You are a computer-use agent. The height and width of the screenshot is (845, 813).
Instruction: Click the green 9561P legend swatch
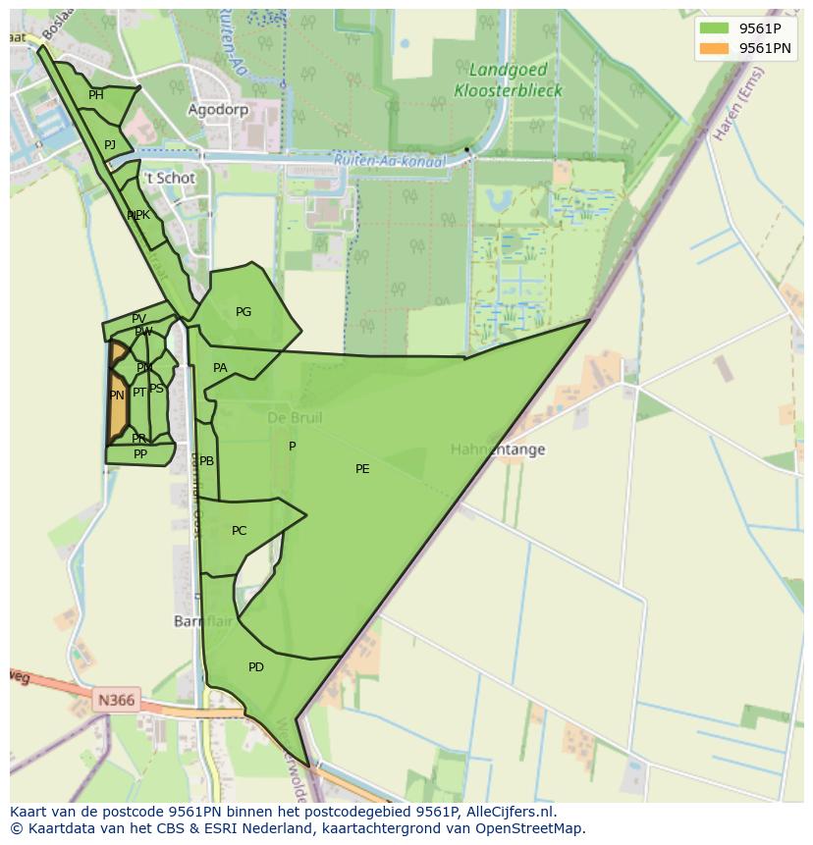click(x=714, y=28)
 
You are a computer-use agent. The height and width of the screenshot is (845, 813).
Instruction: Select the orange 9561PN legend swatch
click(x=714, y=48)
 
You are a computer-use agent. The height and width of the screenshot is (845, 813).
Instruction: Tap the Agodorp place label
click(x=218, y=110)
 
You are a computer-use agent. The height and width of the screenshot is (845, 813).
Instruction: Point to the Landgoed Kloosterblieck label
click(x=508, y=80)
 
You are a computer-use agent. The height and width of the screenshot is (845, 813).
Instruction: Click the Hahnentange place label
click(x=498, y=449)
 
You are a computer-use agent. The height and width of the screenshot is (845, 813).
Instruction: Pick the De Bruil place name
click(x=295, y=418)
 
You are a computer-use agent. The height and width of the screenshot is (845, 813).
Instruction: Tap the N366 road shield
click(x=116, y=701)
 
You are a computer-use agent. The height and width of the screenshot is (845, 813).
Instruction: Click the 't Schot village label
click(x=170, y=179)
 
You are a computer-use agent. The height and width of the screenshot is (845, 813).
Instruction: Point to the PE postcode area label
click(x=362, y=469)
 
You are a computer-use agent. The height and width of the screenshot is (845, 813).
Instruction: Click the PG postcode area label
click(x=244, y=312)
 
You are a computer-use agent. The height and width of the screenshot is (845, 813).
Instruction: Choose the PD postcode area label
click(x=256, y=667)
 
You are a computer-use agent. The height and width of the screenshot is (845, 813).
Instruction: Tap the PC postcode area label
click(x=240, y=531)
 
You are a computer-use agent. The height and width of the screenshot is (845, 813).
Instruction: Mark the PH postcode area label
click(x=96, y=95)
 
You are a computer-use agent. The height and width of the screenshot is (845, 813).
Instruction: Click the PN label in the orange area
click(x=117, y=396)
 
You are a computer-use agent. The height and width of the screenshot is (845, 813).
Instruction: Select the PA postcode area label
click(x=220, y=368)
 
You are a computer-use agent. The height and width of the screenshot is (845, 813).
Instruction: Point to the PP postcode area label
click(x=140, y=454)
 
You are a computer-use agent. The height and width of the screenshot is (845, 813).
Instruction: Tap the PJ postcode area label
click(x=110, y=145)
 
